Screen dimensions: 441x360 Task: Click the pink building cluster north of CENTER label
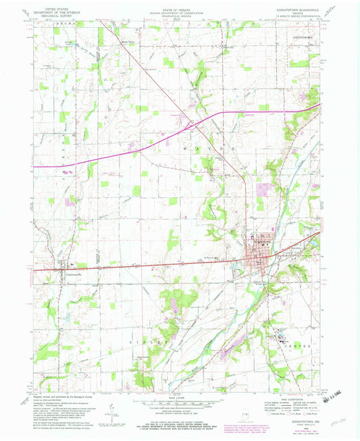(280, 334)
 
